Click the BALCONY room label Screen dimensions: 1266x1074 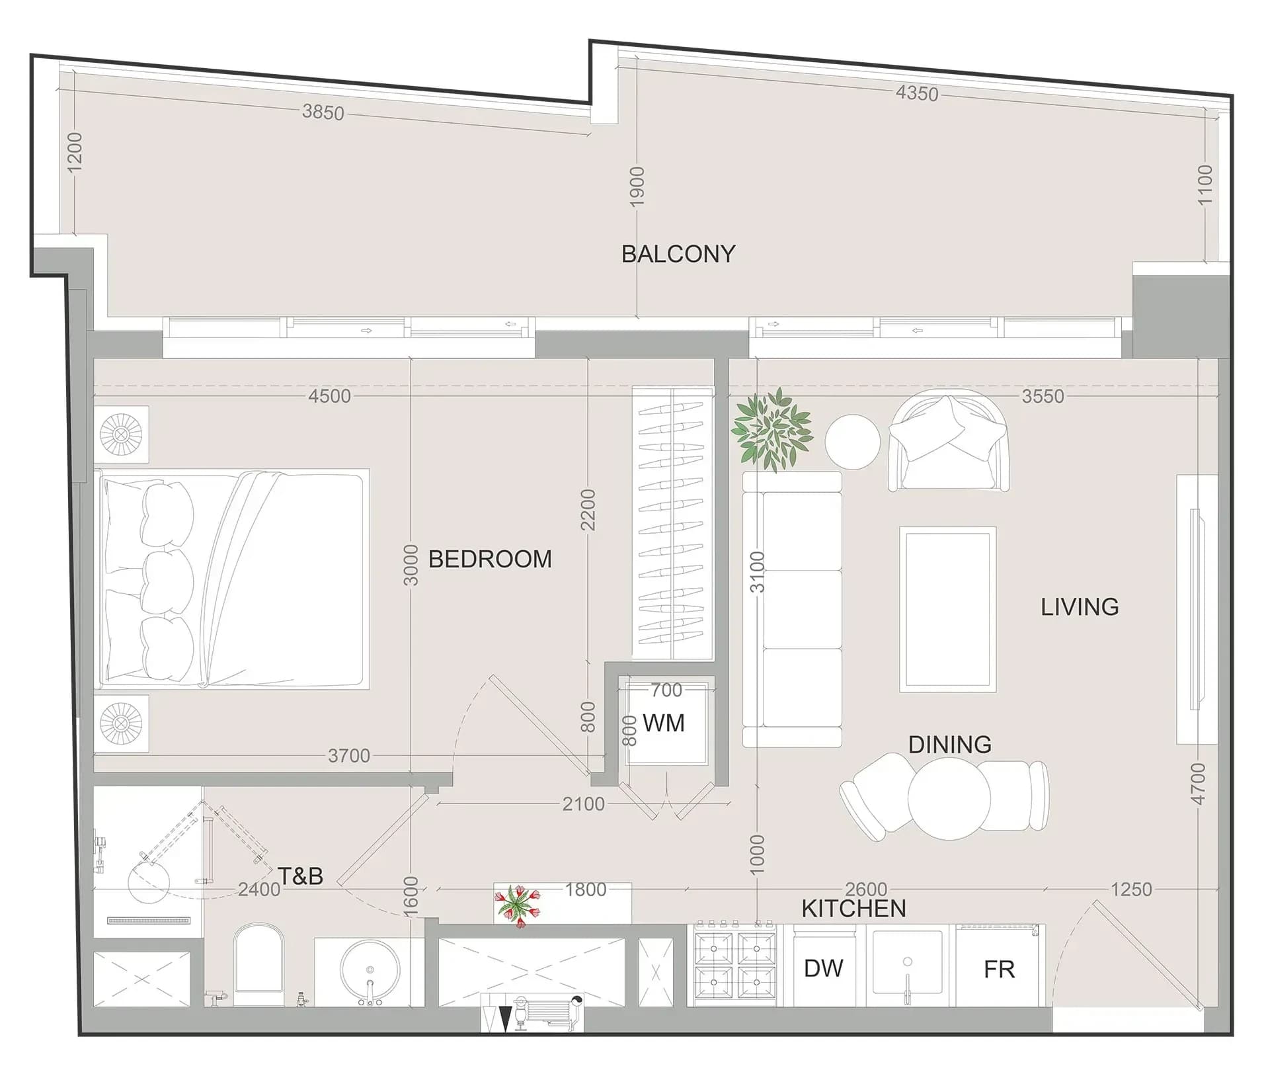coord(678,254)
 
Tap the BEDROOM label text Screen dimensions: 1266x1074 coord(490,559)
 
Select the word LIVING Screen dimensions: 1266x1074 coord(1080,607)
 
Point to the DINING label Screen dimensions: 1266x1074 coord(949,745)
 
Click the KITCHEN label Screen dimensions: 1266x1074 coord(853,909)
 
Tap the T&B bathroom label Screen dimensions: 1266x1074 coord(300,876)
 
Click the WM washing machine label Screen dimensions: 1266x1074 coord(663,723)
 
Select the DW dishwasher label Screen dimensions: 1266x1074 coord(823,968)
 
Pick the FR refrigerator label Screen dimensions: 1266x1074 coord(999,970)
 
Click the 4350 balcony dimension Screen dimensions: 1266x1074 coord(917,94)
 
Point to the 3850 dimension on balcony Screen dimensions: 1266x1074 coord(323,112)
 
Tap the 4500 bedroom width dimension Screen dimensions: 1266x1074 coord(330,396)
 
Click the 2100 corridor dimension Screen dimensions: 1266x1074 coord(583,804)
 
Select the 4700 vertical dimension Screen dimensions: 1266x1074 coord(1198,784)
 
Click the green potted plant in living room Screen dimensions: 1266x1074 coord(771,429)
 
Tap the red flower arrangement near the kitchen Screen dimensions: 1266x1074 coord(518,905)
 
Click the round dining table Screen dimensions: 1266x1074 coord(949,798)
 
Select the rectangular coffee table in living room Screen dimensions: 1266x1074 coord(947,610)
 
